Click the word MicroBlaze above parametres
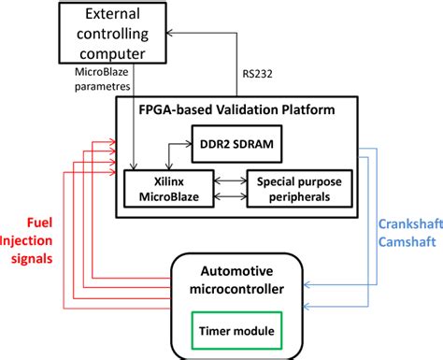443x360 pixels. click(104, 72)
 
